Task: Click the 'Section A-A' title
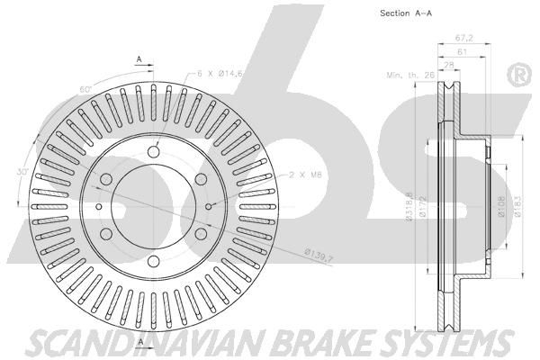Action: point(406,13)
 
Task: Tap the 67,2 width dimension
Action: point(463,38)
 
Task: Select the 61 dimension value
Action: point(462,52)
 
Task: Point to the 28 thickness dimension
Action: point(449,65)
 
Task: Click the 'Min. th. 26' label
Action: point(410,75)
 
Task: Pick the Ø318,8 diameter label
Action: point(409,207)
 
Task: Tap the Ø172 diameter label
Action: point(423,207)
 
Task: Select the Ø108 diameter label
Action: point(501,207)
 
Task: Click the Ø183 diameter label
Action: point(518,207)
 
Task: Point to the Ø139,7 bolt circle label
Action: point(319,256)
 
